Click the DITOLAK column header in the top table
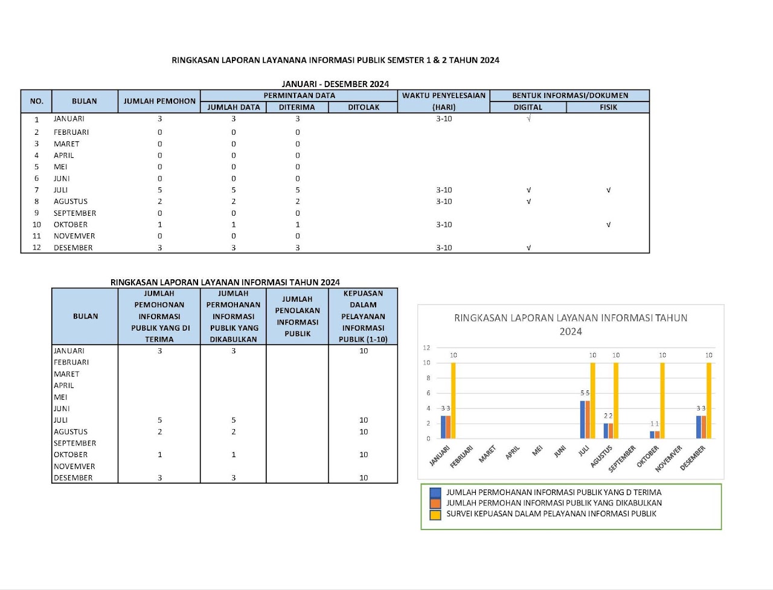point(364,107)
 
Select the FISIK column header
point(608,107)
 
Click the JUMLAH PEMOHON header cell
point(159,101)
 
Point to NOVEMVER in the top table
point(74,236)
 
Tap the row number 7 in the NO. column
point(36,190)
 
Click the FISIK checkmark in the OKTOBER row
point(608,224)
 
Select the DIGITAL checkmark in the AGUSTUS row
point(528,201)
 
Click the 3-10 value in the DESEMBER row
point(444,247)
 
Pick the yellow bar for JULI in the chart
point(592,400)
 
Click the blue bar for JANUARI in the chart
point(443,427)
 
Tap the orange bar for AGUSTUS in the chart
point(611,430)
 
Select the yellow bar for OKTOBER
point(662,400)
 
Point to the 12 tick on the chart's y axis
point(426,348)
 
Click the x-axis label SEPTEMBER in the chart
point(622,459)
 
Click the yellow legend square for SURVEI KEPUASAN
point(435,514)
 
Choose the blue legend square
point(435,493)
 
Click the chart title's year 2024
point(570,331)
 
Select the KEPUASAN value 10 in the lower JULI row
point(364,420)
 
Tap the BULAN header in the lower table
point(85,316)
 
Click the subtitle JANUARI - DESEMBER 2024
point(335,84)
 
